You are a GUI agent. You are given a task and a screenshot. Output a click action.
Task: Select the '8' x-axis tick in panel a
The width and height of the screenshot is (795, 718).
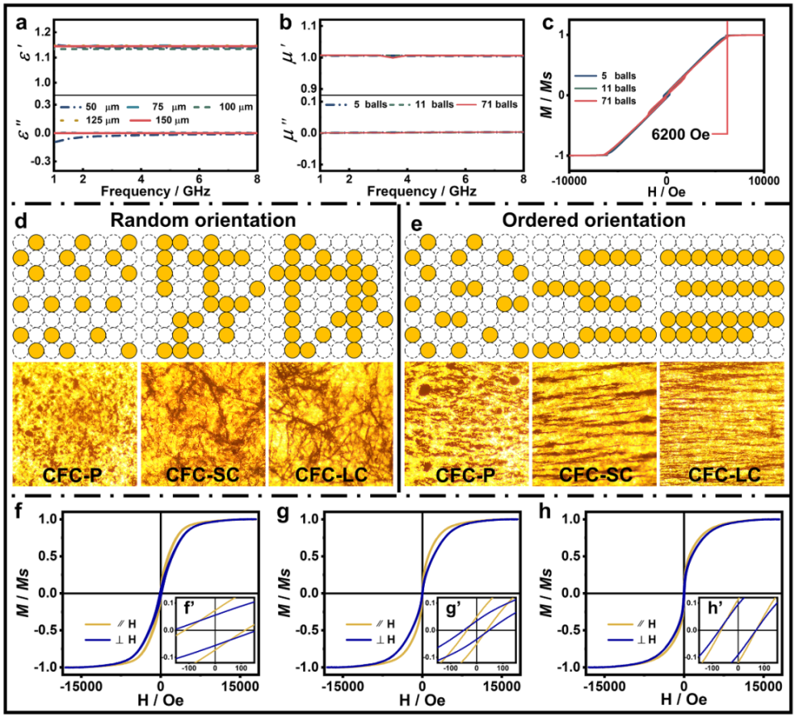click(x=262, y=180)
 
